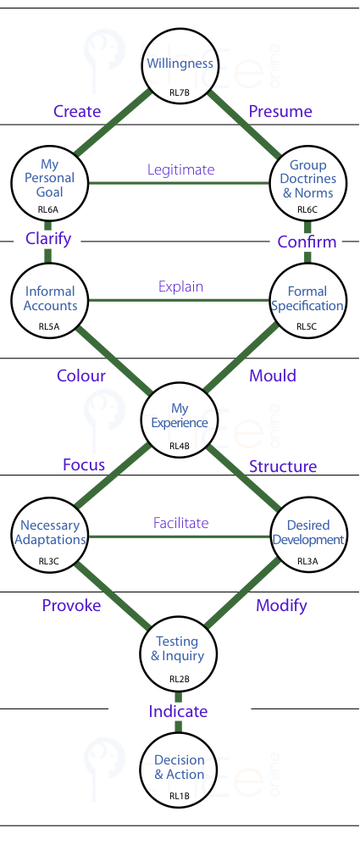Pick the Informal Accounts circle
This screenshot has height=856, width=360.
tap(50, 301)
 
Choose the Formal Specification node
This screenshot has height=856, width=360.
tap(308, 301)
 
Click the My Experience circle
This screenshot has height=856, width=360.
tap(180, 420)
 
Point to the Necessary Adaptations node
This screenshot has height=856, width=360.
tap(50, 536)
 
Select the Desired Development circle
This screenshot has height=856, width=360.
tap(308, 536)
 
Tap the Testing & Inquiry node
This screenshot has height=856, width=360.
tap(180, 653)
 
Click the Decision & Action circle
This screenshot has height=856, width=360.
tap(180, 771)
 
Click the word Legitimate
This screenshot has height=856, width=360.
tap(181, 170)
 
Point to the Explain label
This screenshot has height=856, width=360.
tap(181, 286)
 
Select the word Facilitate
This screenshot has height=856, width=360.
tap(181, 523)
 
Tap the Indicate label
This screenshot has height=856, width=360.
tap(179, 711)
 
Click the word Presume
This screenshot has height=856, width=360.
tap(280, 111)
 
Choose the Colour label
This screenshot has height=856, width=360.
tap(81, 375)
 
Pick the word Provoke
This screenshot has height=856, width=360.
tap(71, 605)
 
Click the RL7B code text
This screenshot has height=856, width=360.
tap(180, 92)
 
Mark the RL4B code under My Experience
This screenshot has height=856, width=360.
tap(180, 446)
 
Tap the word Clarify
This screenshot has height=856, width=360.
tap(48, 238)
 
